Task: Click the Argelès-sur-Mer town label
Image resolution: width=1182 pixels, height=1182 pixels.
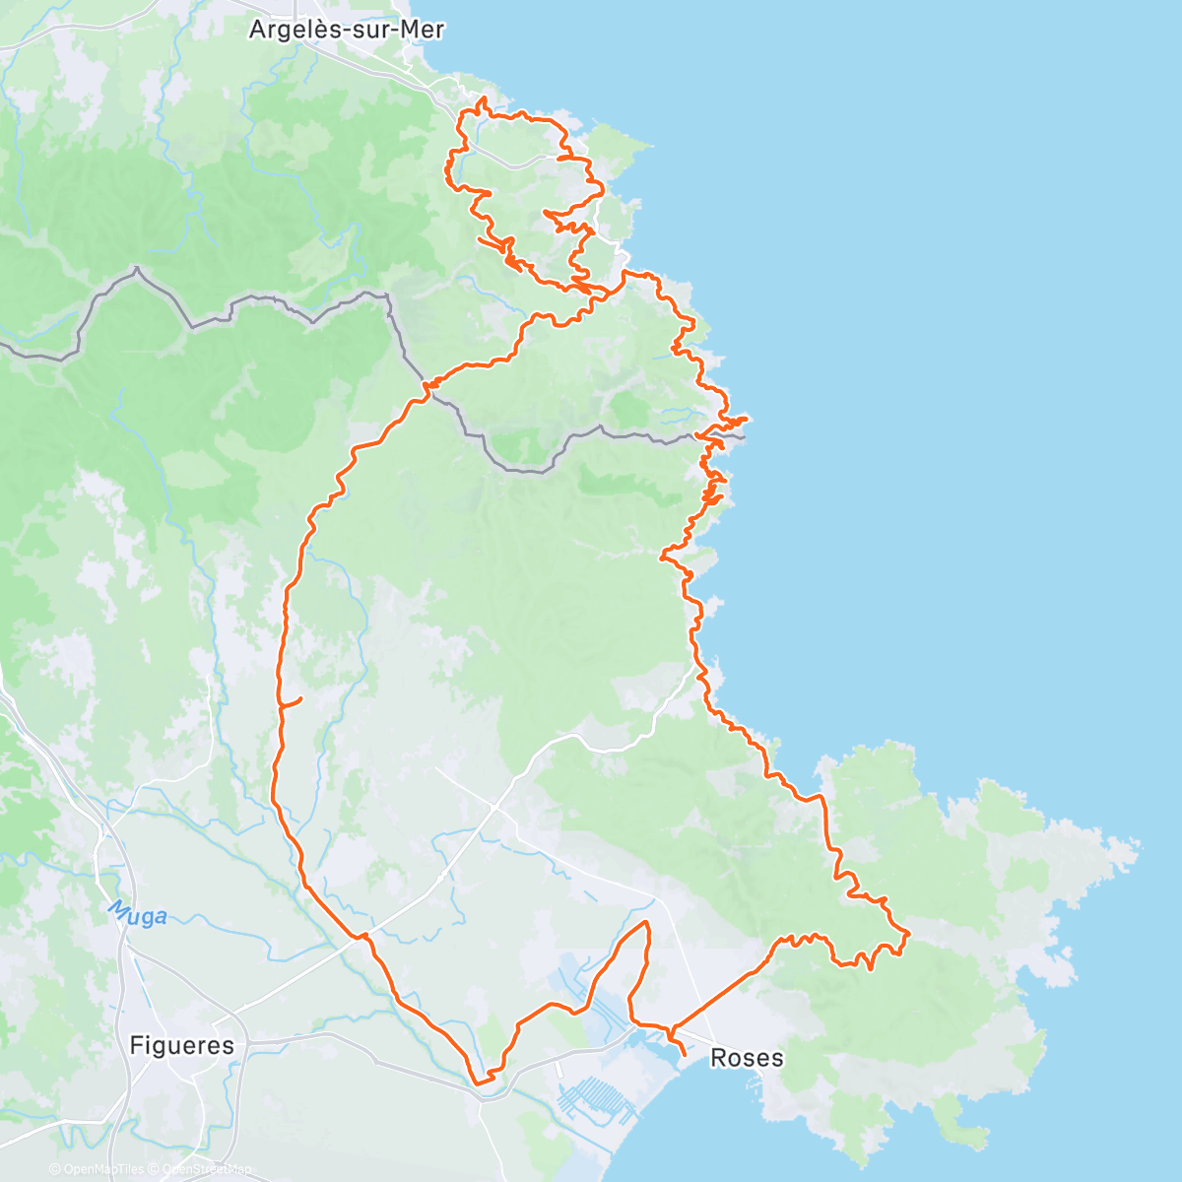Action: point(346,30)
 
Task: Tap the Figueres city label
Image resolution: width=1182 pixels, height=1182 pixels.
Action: point(182,1045)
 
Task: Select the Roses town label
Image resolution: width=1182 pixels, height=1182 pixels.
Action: point(747,1058)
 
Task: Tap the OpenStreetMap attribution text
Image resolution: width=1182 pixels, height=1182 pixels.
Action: point(207,1169)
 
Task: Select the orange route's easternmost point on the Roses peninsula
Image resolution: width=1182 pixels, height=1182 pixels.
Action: point(907,931)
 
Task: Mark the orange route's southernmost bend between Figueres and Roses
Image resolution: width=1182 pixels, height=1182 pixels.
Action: point(480,1083)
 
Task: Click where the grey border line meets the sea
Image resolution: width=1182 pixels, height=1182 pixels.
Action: point(745,436)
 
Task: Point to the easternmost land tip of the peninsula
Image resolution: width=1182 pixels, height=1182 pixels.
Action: point(1139,844)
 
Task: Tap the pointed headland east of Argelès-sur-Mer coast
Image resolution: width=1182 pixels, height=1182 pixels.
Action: point(649,147)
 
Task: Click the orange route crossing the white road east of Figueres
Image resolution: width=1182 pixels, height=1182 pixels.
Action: point(363,935)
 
